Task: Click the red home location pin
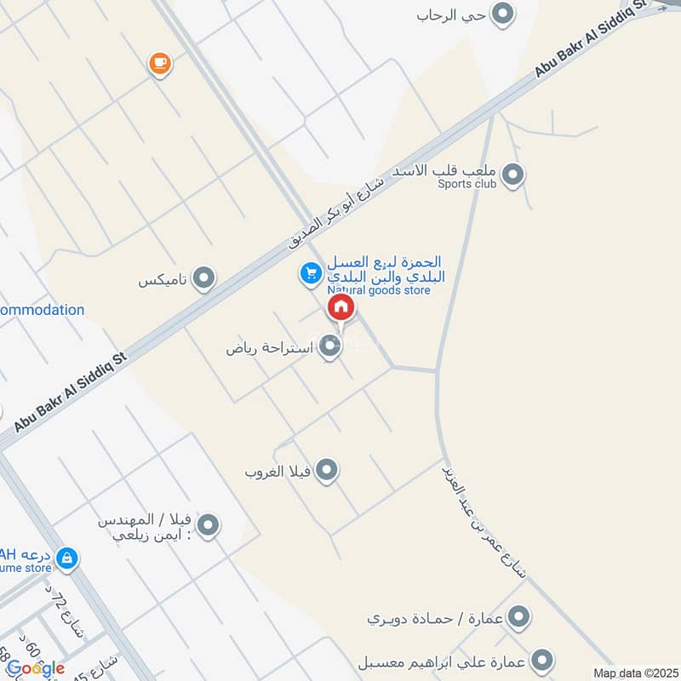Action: [x=340, y=308]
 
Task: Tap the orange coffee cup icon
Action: [x=159, y=63]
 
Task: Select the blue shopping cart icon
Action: [x=310, y=273]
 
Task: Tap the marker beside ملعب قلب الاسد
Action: [x=512, y=175]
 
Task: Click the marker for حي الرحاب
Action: [x=504, y=14]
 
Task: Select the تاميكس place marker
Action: [x=203, y=278]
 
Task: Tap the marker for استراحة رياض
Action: [x=329, y=347]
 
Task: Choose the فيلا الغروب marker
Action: [x=326, y=470]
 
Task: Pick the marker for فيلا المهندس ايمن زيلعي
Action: [x=208, y=525]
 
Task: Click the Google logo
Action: [x=35, y=668]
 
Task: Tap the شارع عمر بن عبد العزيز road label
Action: [x=484, y=520]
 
